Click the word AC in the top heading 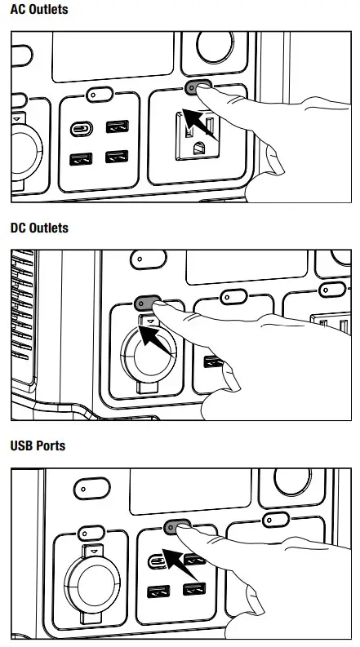tap(17, 10)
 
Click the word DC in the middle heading tap(18, 228)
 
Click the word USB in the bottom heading tap(21, 445)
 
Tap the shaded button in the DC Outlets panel tap(146, 303)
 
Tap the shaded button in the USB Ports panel tap(176, 527)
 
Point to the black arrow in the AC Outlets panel tap(199, 124)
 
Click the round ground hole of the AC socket tap(199, 148)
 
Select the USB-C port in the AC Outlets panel tap(82, 129)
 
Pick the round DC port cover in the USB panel tap(93, 585)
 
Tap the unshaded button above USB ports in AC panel tap(99, 95)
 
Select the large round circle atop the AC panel tap(215, 47)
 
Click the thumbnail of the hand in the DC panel tap(230, 378)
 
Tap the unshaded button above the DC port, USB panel tap(91, 533)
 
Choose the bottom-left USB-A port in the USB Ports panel tap(158, 592)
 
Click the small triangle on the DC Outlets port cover tap(150, 321)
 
